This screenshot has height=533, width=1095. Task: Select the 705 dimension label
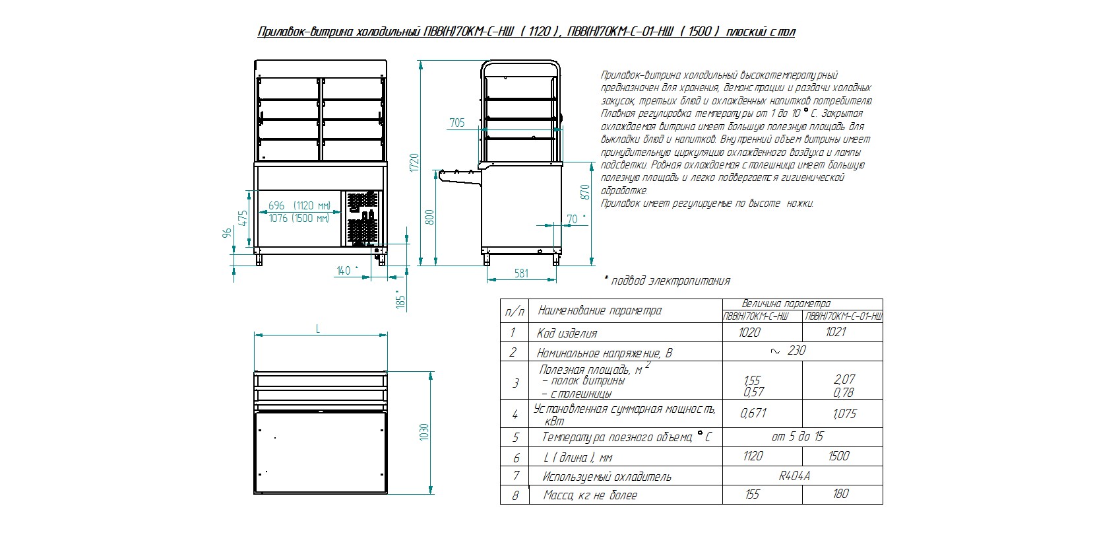(456, 123)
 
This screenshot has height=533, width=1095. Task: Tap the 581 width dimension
(521, 273)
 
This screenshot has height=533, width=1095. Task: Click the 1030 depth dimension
(425, 432)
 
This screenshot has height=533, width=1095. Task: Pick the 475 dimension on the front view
(242, 218)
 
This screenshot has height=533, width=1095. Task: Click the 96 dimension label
(227, 233)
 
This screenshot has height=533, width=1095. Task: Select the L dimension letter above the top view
(319, 329)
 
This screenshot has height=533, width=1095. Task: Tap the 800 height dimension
(429, 217)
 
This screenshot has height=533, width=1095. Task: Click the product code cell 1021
(836, 332)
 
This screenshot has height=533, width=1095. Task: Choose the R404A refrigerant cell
(794, 476)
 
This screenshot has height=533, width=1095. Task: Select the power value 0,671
(753, 413)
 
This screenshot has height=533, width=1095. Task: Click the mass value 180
(840, 493)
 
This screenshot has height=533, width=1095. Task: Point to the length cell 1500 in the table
(838, 456)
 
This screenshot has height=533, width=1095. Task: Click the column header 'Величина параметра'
(786, 304)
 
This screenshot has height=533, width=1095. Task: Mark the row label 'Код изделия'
(567, 333)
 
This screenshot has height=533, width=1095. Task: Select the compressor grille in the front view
(362, 219)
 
